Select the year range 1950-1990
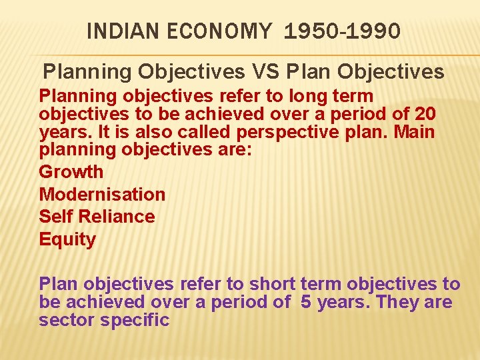coord(342,31)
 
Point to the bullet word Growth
coord(71,172)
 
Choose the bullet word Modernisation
coord(102,195)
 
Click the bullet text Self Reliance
coord(97,217)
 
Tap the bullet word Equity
coord(67,239)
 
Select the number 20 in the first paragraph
coord(425,114)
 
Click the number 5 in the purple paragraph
coord(306,302)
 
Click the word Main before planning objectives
coord(413,132)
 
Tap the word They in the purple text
coord(397,302)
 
